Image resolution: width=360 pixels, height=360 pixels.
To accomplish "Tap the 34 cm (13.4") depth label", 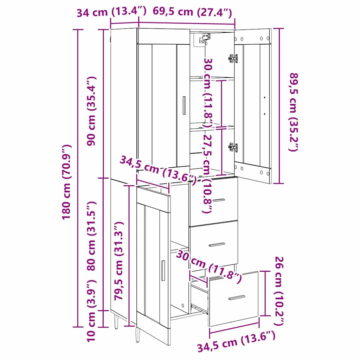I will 111,12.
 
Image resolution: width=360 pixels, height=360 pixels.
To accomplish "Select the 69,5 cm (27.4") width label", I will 192,12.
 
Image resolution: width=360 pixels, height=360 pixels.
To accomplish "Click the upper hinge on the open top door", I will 233,58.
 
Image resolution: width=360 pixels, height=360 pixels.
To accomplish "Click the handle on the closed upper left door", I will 184,105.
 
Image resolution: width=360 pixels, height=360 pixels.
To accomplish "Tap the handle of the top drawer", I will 218,200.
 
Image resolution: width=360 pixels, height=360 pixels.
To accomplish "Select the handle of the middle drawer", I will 217,244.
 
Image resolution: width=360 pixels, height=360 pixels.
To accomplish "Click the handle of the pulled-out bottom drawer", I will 237,297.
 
